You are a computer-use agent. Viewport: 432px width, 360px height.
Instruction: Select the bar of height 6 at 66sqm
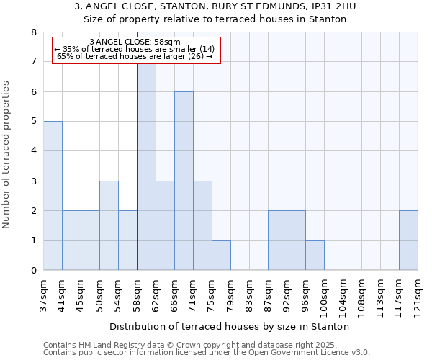(x=184, y=181)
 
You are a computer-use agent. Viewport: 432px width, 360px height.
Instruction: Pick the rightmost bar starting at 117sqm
(x=408, y=240)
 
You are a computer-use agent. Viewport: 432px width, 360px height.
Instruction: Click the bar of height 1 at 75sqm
(x=221, y=256)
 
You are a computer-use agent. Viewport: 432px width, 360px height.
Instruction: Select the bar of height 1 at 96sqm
(x=315, y=256)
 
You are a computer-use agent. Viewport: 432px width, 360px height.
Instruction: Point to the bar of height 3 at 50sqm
(x=109, y=225)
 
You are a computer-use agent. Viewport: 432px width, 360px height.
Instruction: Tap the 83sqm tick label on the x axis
(x=249, y=294)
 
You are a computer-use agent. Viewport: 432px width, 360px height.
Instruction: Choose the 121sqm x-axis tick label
(x=418, y=296)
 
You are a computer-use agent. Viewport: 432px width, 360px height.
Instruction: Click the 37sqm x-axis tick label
(x=43, y=294)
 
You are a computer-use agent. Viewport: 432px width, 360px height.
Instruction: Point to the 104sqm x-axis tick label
(x=343, y=296)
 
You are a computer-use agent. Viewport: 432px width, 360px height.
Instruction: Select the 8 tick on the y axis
(x=33, y=32)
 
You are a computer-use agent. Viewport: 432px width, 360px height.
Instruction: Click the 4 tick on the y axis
(x=33, y=151)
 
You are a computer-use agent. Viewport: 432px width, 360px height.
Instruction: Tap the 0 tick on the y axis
(x=33, y=271)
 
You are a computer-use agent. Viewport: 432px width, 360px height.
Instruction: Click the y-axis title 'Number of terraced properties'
(x=7, y=155)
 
